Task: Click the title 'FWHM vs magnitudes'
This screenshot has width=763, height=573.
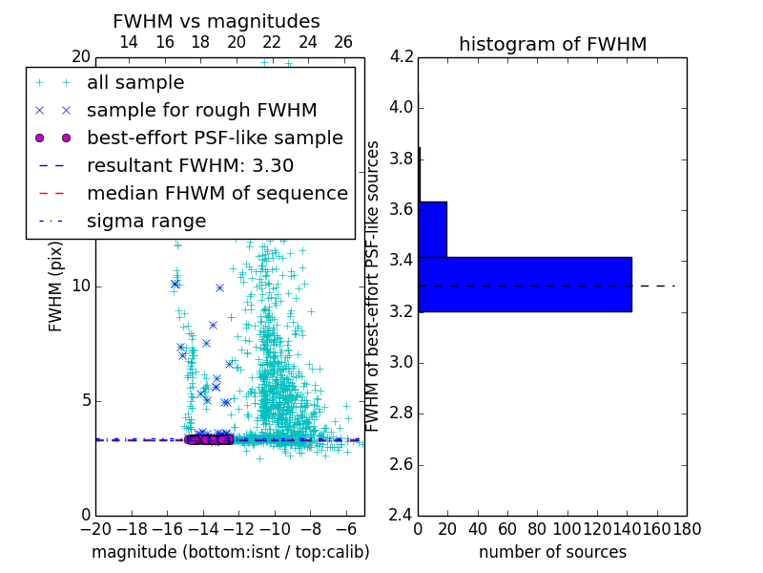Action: point(216,21)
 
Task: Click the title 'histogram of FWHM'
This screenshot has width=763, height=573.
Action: point(552,44)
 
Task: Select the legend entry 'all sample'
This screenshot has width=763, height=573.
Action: point(135,83)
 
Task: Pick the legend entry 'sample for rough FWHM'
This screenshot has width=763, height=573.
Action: point(201,110)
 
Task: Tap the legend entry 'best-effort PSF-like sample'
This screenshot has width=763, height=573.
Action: point(215,138)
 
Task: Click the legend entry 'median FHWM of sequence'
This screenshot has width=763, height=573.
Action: point(217,193)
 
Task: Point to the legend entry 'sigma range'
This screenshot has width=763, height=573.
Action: point(146,221)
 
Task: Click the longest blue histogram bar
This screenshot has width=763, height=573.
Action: point(525,284)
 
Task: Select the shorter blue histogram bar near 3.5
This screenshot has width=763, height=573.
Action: point(432,229)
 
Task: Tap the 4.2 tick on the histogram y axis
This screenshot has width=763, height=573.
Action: point(402,56)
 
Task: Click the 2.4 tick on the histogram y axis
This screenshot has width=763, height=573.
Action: point(402,516)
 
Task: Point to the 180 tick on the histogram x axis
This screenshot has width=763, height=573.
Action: point(687,529)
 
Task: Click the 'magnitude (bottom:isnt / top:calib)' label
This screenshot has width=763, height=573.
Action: point(230,552)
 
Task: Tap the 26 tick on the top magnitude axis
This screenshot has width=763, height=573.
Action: point(343,42)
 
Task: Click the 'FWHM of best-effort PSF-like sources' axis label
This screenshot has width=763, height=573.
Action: point(374,286)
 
